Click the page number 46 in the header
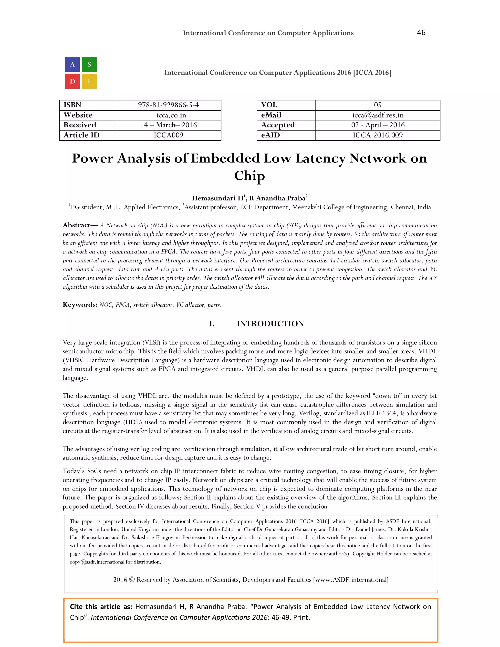coord(421,32)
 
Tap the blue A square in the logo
coord(73,65)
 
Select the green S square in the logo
coord(89,65)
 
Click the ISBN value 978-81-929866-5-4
coord(168,105)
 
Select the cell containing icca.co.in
coord(168,115)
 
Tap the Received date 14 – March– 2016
coord(168,125)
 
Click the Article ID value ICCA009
coord(168,135)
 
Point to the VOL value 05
coord(378,105)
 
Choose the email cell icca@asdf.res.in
coord(378,115)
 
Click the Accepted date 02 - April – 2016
coord(378,125)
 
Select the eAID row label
coord(271,135)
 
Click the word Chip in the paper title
coord(250,176)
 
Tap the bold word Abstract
coord(76,225)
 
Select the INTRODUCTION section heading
coord(270,323)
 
